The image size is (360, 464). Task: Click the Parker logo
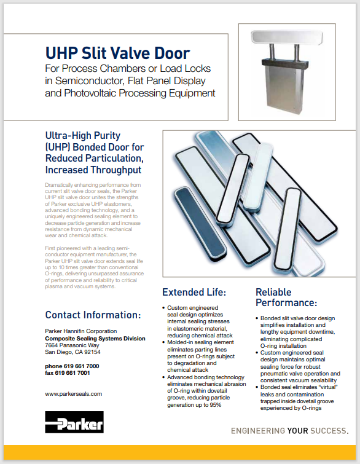(x=74, y=422)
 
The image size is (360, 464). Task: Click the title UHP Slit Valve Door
(x=117, y=53)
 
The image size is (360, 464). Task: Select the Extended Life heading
(x=194, y=292)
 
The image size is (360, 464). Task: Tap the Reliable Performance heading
(x=286, y=297)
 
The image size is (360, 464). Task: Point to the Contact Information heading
(x=93, y=315)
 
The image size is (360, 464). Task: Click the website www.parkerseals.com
(x=73, y=394)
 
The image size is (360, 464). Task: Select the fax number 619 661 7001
(x=72, y=373)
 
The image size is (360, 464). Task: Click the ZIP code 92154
(x=92, y=352)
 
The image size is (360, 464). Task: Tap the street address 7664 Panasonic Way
(x=72, y=345)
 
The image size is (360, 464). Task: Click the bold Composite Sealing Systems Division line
(x=95, y=338)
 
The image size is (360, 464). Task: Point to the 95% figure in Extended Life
(x=216, y=405)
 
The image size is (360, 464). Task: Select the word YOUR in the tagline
(x=297, y=431)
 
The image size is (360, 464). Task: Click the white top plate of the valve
(x=286, y=37)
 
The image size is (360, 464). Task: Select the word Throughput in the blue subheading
(x=115, y=170)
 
